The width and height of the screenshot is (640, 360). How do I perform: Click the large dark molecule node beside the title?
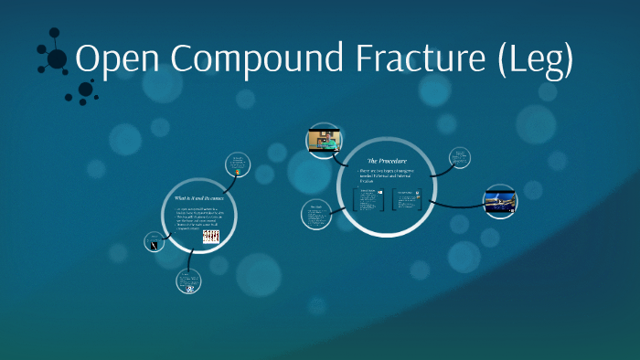(57, 59)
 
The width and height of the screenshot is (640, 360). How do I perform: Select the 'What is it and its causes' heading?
(198, 197)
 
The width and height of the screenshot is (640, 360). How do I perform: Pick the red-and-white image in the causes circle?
(210, 236)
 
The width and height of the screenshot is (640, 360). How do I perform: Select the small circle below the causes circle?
(189, 282)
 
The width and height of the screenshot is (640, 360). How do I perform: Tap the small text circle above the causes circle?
(239, 164)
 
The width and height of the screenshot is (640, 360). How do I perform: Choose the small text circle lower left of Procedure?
(315, 213)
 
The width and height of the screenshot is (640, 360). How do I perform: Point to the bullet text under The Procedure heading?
(385, 175)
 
